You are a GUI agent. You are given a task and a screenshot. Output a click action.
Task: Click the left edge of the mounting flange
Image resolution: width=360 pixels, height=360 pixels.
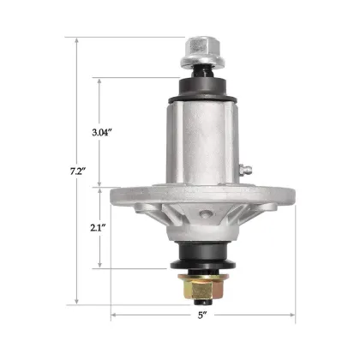tap(114, 189)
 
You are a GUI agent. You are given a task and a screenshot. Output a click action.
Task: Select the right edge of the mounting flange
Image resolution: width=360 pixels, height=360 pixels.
tap(291, 189)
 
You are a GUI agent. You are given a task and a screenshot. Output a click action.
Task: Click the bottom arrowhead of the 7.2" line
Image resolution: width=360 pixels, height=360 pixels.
tap(78, 303)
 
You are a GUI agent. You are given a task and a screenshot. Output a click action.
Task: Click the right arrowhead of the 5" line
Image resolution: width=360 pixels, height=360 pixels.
tap(292, 315)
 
